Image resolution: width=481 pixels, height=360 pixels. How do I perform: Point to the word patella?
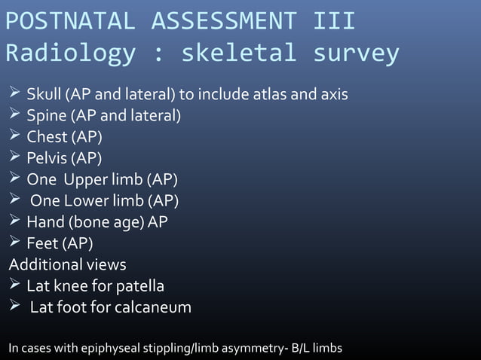click(139, 286)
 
